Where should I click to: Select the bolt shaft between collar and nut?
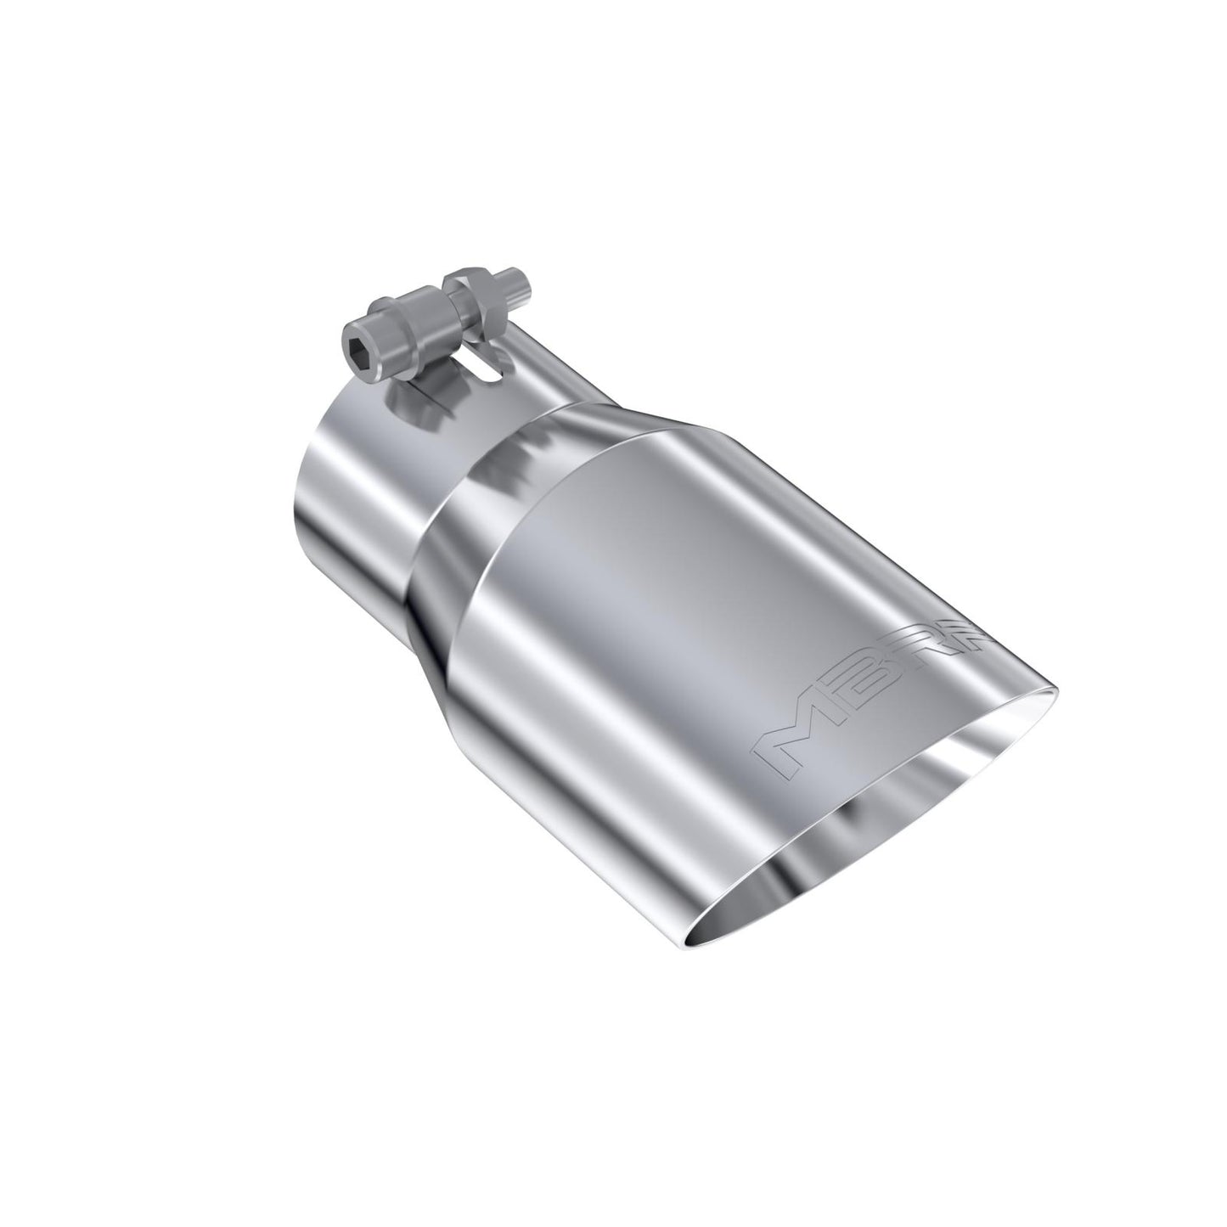437,301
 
